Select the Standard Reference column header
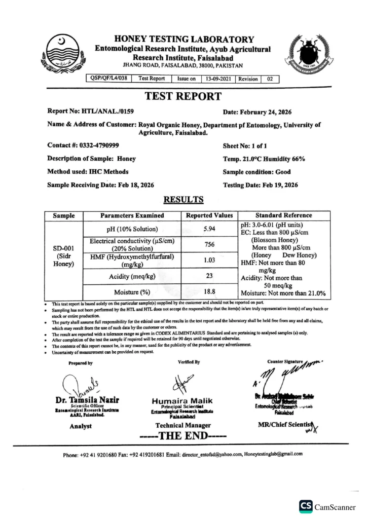click(x=283, y=215)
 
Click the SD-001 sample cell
click(x=64, y=248)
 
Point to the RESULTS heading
click(x=183, y=200)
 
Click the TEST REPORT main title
click(x=183, y=96)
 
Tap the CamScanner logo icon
click(x=306, y=506)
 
